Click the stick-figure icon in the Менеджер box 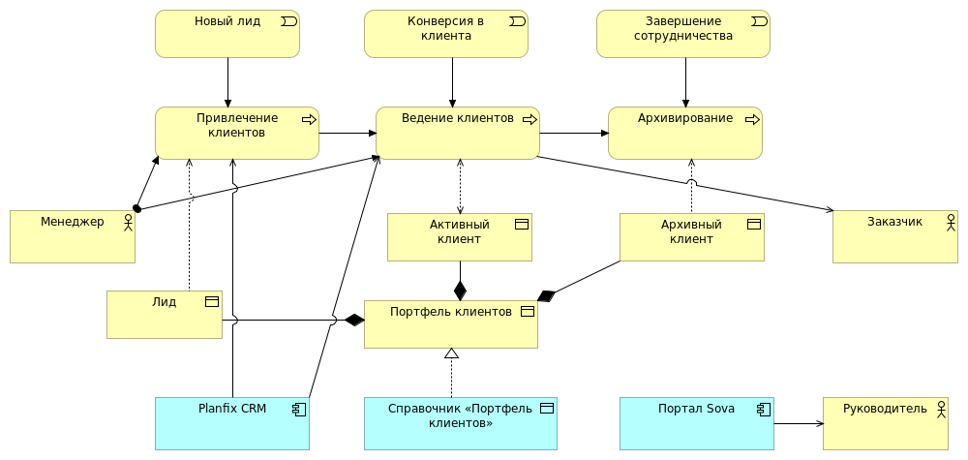(x=126, y=222)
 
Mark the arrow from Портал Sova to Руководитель (x=799, y=423)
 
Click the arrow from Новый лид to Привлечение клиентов (x=228, y=81)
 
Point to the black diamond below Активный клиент (x=460, y=290)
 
